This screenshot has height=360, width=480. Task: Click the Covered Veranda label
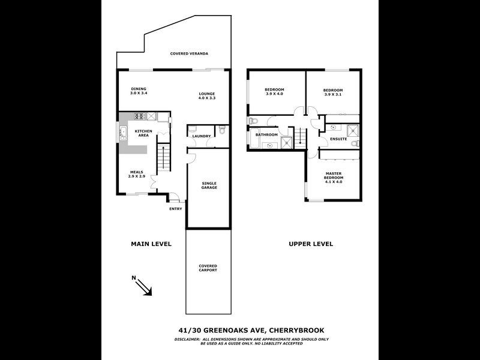pos(189,54)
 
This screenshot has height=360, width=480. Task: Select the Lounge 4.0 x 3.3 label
pos(207,95)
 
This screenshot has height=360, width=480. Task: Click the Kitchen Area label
pos(143,133)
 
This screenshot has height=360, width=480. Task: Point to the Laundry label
pos(202,136)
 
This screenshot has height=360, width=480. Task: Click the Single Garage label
pos(209,185)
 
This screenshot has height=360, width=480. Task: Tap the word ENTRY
pos(176,209)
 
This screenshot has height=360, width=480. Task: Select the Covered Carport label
pos(208,268)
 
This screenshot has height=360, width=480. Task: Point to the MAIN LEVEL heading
pos(151,244)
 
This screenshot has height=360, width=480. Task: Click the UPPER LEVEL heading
pos(311,244)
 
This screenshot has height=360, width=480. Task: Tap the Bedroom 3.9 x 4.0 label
pos(274,92)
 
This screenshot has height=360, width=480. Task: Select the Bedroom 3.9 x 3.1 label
pos(333,92)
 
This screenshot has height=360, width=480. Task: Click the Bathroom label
pos(267,135)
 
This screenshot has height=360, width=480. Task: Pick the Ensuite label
pos(338,139)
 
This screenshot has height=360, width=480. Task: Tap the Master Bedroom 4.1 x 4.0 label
pos(333,178)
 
